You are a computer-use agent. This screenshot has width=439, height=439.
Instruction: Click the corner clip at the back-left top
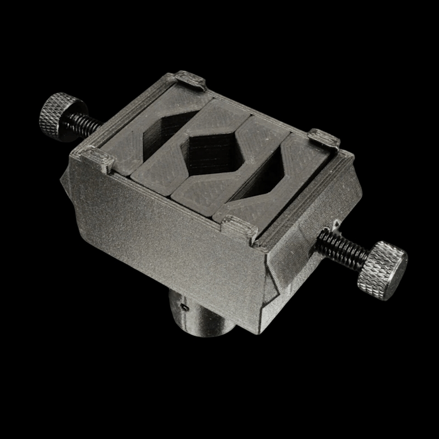pyautogui.click(x=190, y=80)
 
